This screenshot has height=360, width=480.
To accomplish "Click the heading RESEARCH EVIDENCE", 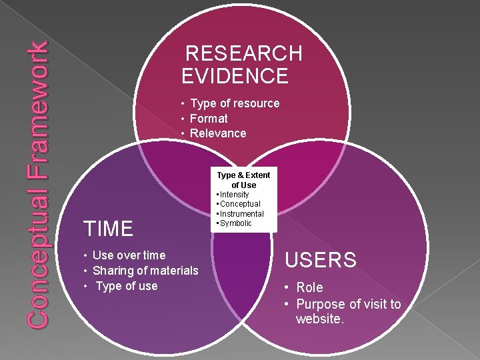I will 242,64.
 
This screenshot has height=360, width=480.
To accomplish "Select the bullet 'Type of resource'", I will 234,103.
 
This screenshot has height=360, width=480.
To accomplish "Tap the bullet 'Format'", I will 209,119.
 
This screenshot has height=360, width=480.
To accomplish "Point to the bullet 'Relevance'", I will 217,133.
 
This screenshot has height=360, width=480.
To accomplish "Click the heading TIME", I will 108,229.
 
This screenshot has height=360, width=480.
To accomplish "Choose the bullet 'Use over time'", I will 129,255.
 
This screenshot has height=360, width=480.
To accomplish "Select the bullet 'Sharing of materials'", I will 145,271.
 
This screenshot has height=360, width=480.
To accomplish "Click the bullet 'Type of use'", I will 127,286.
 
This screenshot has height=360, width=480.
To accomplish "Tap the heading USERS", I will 321,259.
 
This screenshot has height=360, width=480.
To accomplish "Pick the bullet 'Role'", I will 309,288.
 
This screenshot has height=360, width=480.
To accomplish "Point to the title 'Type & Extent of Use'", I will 244,179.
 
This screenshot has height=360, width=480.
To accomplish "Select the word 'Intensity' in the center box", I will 234,195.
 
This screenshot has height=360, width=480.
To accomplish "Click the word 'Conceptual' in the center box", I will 240,204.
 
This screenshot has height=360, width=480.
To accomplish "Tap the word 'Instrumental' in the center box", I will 242,214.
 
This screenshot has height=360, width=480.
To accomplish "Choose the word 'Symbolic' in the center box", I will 236,223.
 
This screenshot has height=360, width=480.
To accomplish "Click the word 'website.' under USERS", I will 320,319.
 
